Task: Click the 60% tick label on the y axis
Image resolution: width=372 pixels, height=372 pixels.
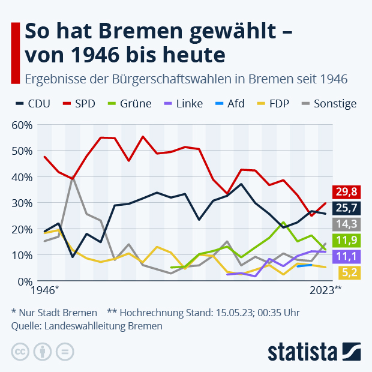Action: point(22,125)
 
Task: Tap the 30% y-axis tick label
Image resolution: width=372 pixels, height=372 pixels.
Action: point(22,203)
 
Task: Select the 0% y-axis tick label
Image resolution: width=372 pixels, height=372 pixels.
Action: point(24,281)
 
